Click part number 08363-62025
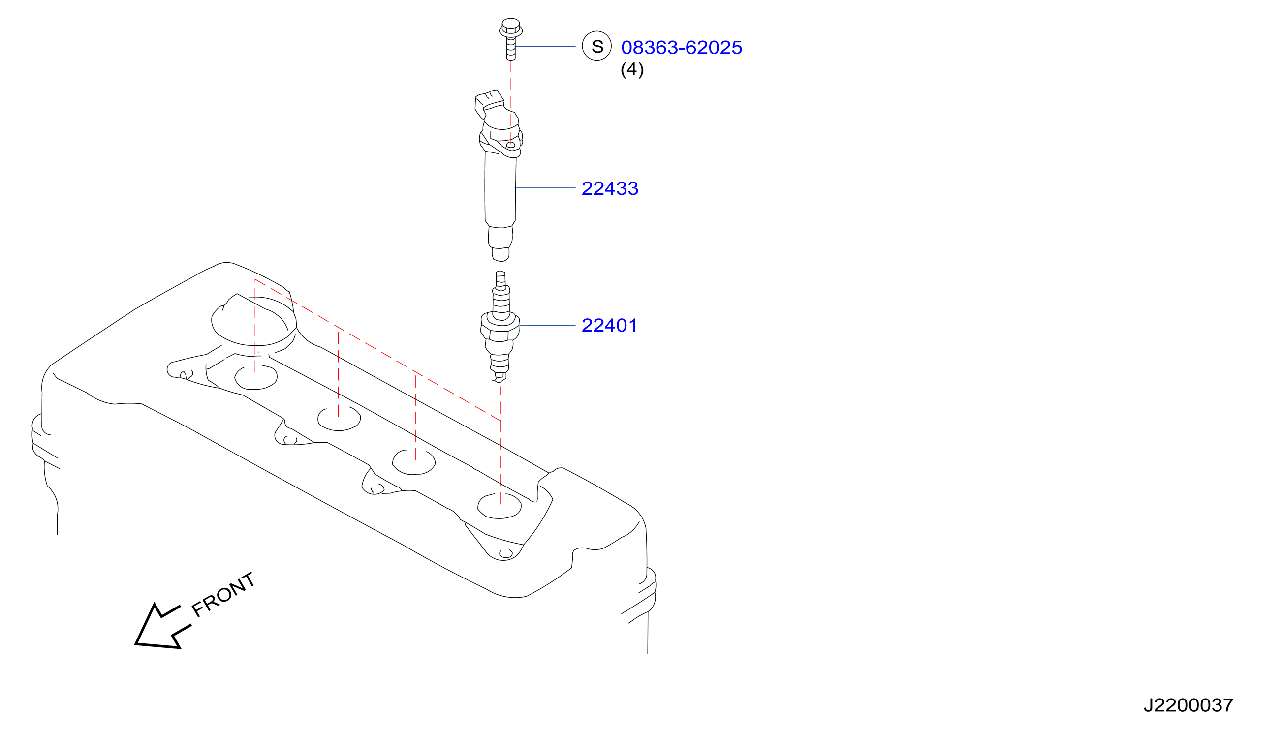[681, 48]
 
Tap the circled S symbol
[596, 46]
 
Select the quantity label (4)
[632, 69]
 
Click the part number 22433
[609, 188]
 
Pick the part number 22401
[609, 325]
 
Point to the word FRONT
[224, 595]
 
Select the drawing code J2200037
[1188, 705]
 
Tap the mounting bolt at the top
[511, 39]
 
